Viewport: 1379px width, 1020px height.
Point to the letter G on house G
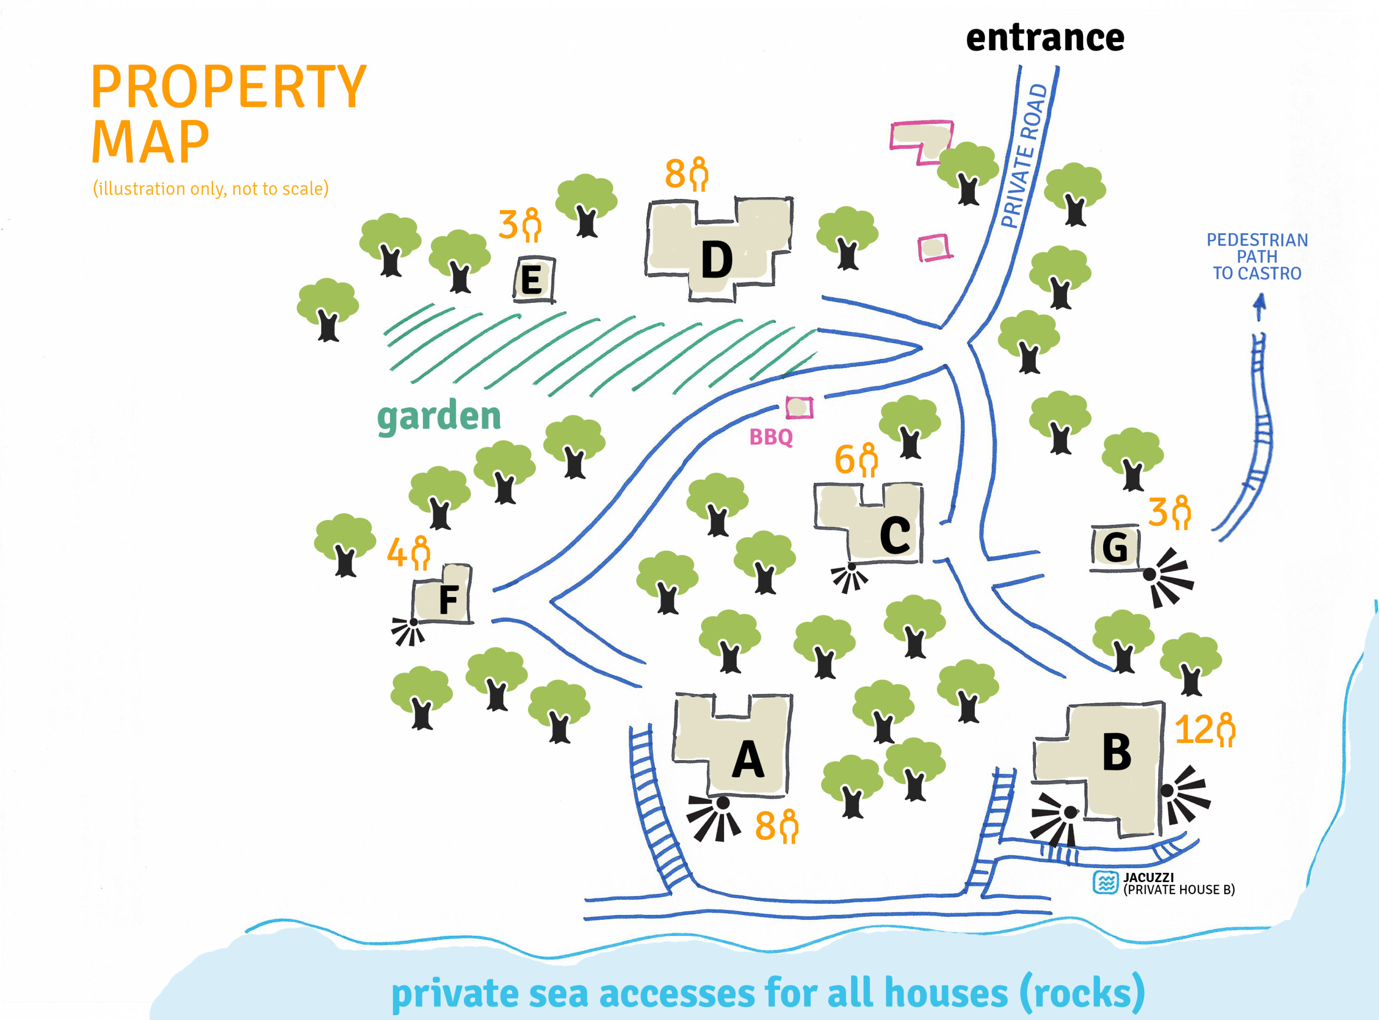[1115, 547]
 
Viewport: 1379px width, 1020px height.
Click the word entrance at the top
[1044, 38]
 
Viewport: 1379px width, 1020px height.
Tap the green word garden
[439, 417]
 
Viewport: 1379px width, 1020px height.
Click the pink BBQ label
[770, 437]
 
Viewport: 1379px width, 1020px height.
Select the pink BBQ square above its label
[799, 407]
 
